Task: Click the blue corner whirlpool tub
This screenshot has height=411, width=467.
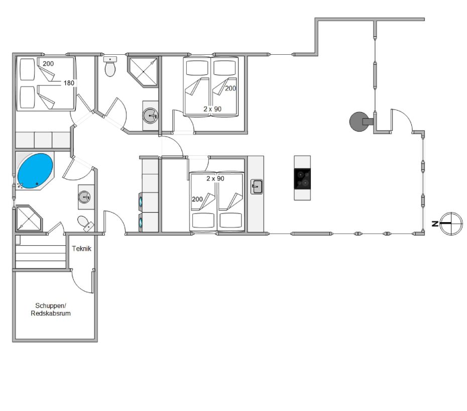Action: coord(35,171)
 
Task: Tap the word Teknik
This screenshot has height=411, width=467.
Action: coord(81,249)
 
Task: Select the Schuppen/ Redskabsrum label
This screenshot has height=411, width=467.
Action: coord(51,310)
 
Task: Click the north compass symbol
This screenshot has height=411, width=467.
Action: coord(451,224)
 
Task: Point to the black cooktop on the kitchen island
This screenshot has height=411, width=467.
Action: coord(302,179)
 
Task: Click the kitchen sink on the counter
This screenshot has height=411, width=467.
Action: coord(257,187)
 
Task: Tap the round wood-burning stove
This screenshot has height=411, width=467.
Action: coord(359,121)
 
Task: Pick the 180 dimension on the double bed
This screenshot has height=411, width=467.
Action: coord(69,83)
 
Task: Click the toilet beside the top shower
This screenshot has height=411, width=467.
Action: coord(110,66)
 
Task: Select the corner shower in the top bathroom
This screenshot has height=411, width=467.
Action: coord(143,71)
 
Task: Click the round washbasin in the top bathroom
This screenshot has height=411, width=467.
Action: coord(150,116)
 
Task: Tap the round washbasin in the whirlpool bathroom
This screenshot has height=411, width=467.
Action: coord(84,197)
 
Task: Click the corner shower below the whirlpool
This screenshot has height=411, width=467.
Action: coord(28,218)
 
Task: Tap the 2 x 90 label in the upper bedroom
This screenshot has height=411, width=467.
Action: coord(212,109)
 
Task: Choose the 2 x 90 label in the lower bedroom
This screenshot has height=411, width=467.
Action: coord(215,178)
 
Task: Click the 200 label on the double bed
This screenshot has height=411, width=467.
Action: coord(48,63)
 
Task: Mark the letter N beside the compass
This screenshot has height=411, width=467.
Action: coord(435,224)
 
